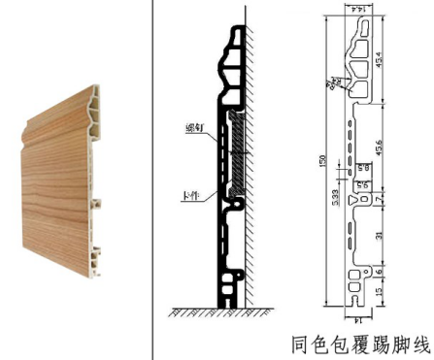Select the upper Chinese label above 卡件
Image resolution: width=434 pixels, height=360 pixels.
pos(192,127)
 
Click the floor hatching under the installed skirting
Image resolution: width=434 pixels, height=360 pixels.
pos(209,311)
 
